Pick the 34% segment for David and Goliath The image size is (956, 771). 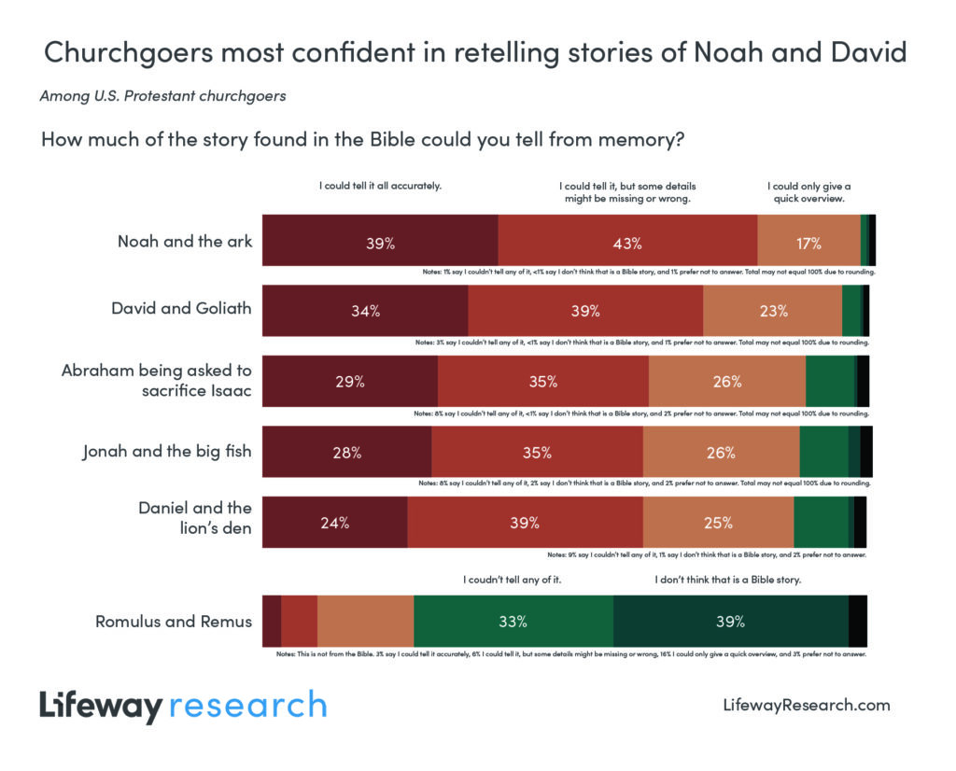coord(365,311)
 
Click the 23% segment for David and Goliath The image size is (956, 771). coord(772,311)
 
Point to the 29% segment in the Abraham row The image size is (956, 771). coord(350,382)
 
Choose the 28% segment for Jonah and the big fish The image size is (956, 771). coord(346,453)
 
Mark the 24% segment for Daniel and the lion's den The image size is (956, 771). coord(334,523)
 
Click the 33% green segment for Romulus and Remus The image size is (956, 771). coord(513,621)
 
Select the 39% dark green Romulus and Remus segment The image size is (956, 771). coord(730,621)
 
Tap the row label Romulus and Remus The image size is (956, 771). coord(174,621)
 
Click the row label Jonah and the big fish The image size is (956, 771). coord(167,453)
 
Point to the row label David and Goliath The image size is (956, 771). coord(181,307)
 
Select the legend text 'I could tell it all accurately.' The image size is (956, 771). coord(380,186)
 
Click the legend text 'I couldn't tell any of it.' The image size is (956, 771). coord(513,580)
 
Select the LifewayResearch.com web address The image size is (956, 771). coord(807,705)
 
